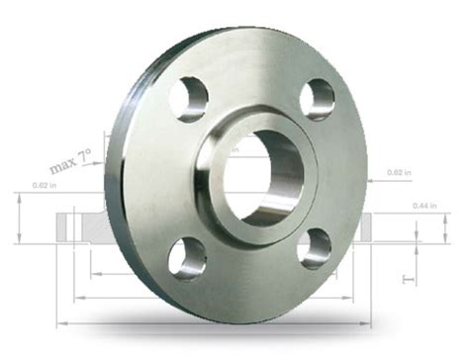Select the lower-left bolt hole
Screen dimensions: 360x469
(186, 258)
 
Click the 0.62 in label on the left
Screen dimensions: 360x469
(42, 185)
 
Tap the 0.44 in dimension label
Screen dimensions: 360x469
(427, 206)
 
